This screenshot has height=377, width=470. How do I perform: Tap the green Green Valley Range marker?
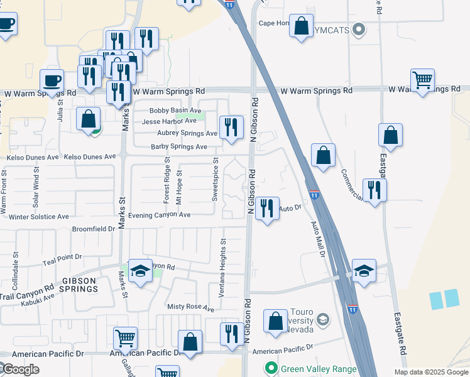pos(271,369)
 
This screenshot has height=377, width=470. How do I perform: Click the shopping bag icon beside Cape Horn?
pos(302,26)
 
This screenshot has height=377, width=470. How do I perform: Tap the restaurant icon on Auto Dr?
pos(268,209)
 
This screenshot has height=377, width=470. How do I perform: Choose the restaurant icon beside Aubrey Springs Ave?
pos(231,127)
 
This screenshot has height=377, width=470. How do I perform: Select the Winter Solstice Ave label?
pos(39,217)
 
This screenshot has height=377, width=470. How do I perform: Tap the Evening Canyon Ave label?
pos(159,215)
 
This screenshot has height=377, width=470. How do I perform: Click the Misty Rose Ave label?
pos(190,309)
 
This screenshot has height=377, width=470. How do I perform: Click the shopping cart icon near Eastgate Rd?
pos(423,80)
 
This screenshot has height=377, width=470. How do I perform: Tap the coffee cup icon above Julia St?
pos(52,80)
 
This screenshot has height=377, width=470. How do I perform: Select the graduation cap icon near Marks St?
pos(141,270)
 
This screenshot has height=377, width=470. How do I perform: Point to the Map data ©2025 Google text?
pos(430,372)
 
